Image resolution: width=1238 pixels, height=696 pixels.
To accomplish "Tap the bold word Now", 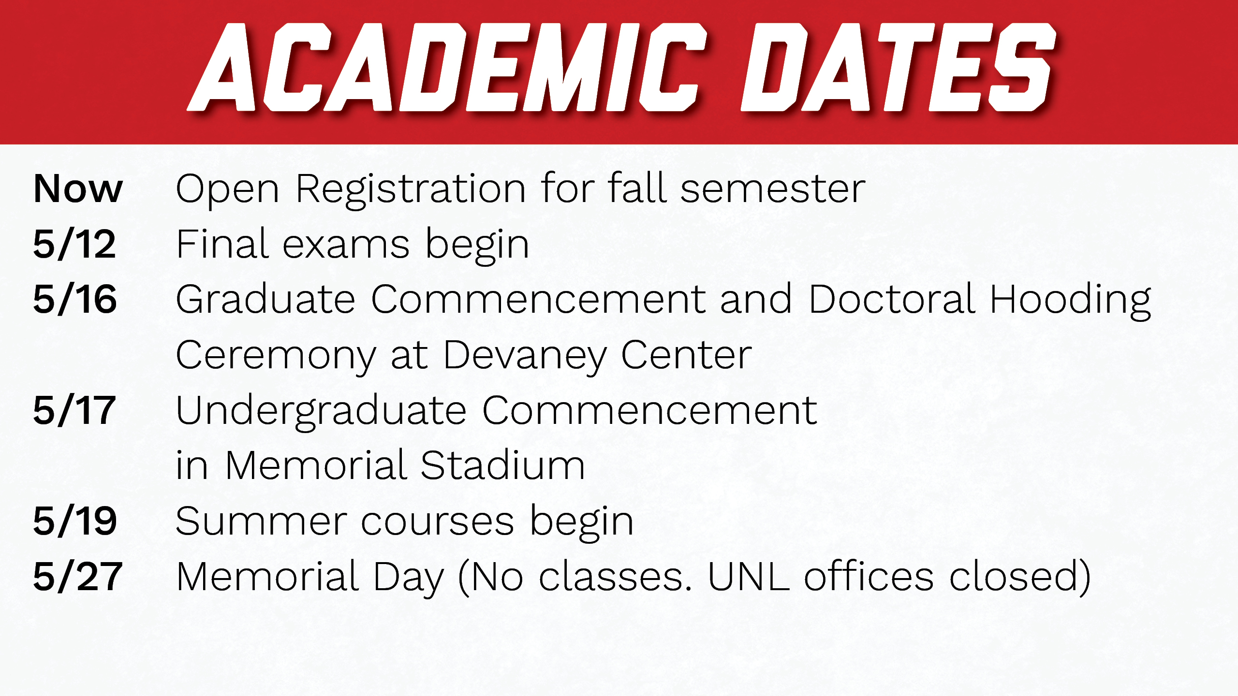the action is (x=78, y=189).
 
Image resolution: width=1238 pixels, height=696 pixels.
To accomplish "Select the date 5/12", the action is (x=74, y=244).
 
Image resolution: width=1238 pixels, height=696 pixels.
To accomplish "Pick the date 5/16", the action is (x=75, y=299).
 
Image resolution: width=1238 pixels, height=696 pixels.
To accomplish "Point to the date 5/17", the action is (x=74, y=410).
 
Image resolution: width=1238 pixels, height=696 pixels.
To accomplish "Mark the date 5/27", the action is (x=78, y=577).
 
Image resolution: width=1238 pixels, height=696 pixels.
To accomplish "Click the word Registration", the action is (x=411, y=190).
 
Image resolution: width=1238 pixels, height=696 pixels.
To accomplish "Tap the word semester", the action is (x=773, y=189).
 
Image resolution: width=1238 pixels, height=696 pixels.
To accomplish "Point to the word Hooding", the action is (x=1070, y=301).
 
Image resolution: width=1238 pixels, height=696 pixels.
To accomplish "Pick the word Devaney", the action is (x=525, y=356).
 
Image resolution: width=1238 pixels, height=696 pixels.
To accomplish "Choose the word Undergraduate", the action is (x=321, y=412).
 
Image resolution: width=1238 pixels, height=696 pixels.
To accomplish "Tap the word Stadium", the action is (x=503, y=464).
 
